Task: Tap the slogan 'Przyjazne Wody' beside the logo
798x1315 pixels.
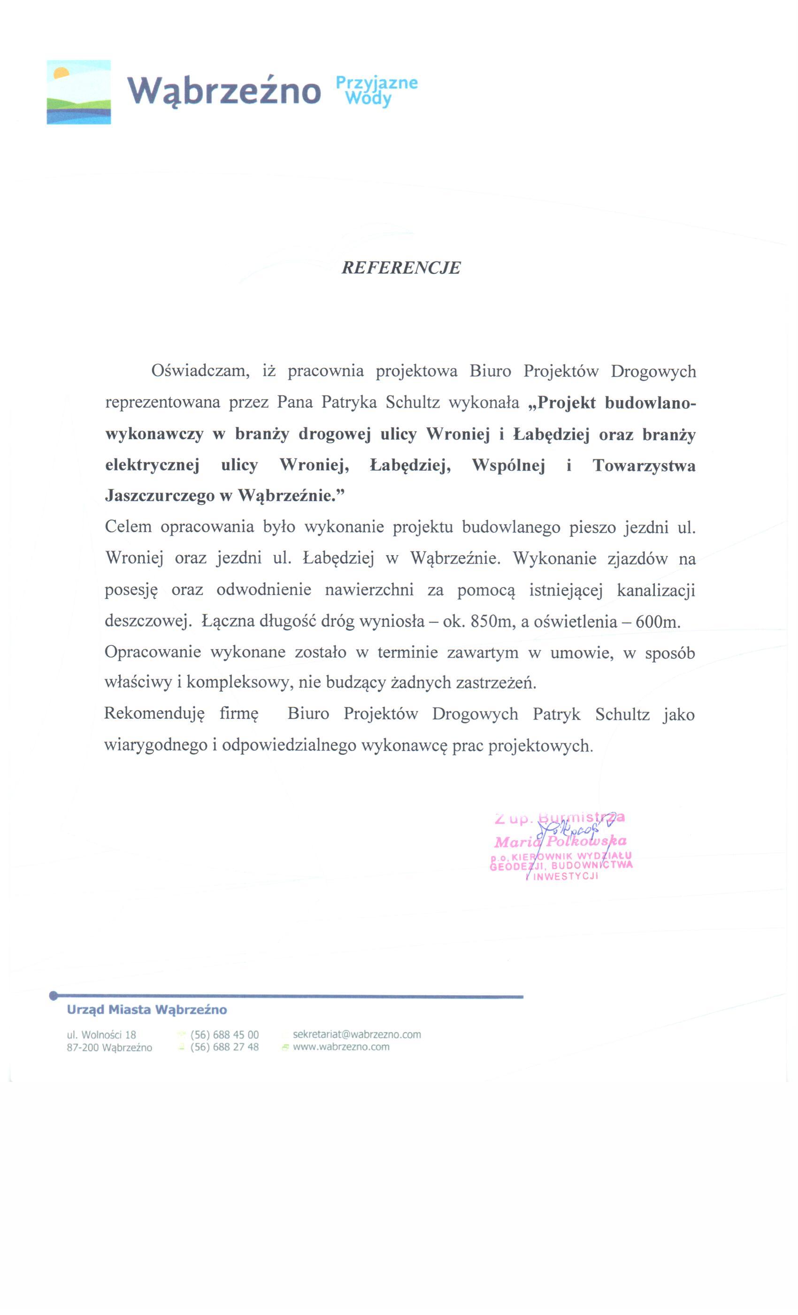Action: [376, 91]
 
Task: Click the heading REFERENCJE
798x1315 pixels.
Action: [400, 267]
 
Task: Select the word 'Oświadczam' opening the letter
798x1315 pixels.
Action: [200, 371]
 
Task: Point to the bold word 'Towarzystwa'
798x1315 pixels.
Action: [644, 465]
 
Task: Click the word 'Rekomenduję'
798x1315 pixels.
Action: [154, 714]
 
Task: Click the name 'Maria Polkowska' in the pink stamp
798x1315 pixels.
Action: [560, 842]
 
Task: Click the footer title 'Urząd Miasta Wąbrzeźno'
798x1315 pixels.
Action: [146, 1009]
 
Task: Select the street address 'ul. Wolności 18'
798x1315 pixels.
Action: [101, 1034]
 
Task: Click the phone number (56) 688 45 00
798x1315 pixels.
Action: [224, 1034]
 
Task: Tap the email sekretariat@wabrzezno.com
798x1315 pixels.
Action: [356, 1034]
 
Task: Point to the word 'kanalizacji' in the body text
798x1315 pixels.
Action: [656, 590]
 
